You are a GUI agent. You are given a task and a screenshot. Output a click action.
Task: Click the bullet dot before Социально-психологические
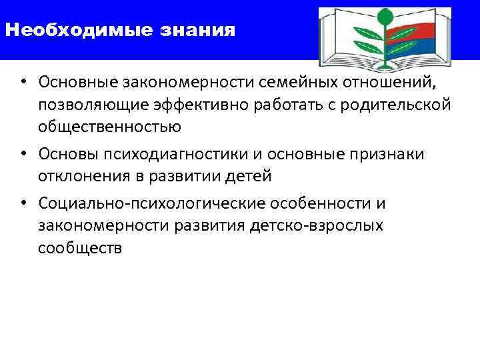click(23, 203)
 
